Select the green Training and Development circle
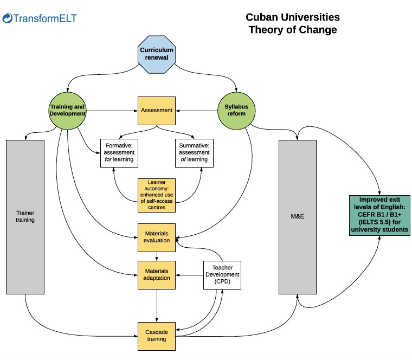coord(68,110)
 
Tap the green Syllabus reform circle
coord(236,110)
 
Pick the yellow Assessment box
coord(157,111)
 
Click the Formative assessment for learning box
coord(118,153)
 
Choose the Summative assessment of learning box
coord(194,153)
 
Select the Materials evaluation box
coord(156,236)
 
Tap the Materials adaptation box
coord(156,274)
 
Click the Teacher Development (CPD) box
coord(221,274)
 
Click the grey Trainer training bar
coord(25,217)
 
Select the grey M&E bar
coord(297,217)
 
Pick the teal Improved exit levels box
coord(379,215)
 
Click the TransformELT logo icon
coord(8,19)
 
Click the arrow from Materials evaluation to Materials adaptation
coord(157,255)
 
